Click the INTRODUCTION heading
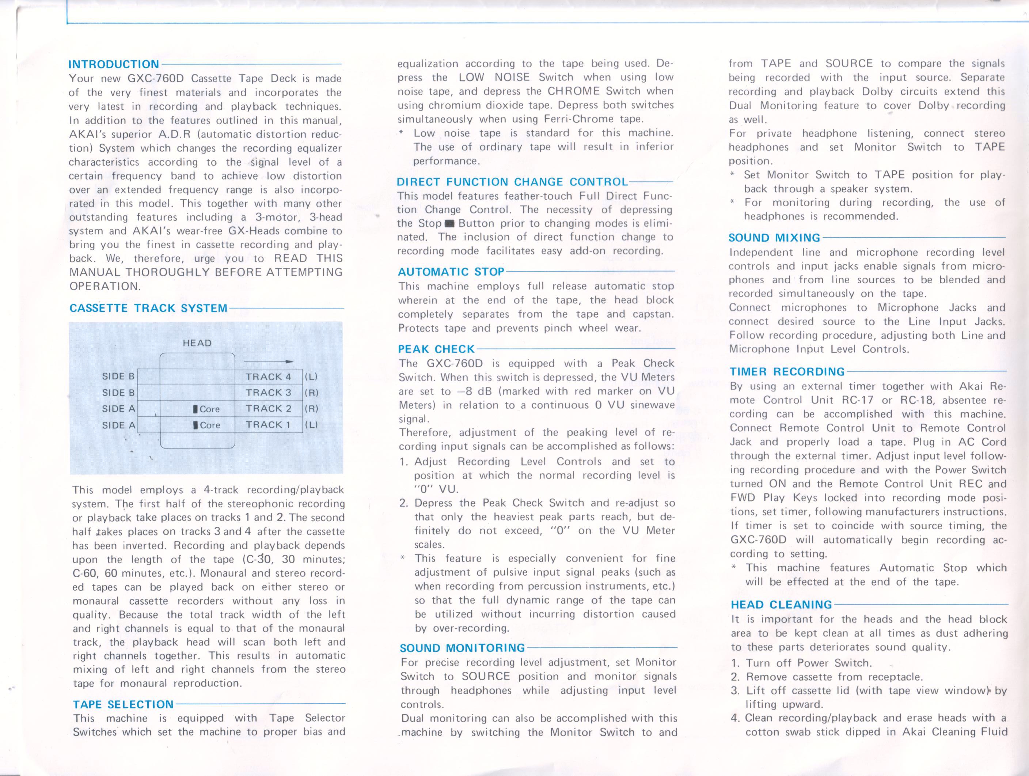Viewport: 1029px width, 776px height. (x=114, y=64)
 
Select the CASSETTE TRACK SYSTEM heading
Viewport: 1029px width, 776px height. (x=148, y=308)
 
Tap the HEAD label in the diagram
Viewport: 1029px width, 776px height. (x=197, y=343)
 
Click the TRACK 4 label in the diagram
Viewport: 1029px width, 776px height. (x=269, y=377)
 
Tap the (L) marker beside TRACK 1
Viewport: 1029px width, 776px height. (x=311, y=425)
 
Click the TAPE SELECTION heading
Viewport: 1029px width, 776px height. (x=123, y=704)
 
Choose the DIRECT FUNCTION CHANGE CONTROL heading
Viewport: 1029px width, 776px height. (x=512, y=182)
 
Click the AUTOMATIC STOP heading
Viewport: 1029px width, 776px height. (x=451, y=272)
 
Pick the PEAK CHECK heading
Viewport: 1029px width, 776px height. (x=436, y=349)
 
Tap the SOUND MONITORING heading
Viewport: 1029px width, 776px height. (x=462, y=648)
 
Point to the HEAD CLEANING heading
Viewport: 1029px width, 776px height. (x=781, y=605)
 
